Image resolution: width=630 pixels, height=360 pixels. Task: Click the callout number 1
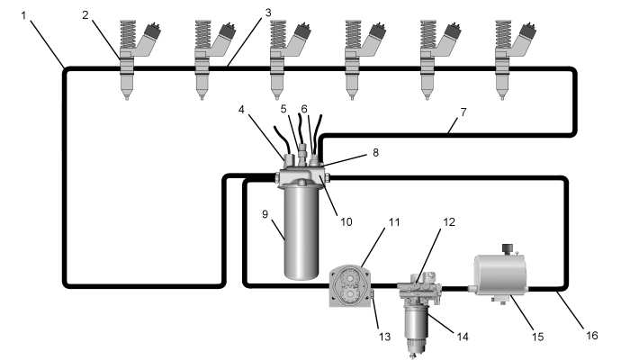[23, 15]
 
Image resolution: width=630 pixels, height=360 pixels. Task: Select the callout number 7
[463, 112]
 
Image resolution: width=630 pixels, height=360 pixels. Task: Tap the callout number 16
[591, 335]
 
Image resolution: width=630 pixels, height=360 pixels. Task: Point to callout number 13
[385, 337]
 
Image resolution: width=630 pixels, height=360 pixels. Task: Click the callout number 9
[265, 214]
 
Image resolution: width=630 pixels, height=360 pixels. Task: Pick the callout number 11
[394, 222]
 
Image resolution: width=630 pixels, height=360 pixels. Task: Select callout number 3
[268, 13]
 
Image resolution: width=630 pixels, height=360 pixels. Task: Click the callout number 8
[375, 152]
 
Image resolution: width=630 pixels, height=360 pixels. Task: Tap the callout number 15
[537, 337]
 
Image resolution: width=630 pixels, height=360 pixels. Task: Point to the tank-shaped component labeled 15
[500, 274]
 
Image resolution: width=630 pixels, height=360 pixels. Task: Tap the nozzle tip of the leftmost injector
[127, 97]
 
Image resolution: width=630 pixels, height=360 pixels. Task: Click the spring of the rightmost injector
[503, 34]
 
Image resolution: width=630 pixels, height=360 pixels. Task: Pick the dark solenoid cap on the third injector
[302, 31]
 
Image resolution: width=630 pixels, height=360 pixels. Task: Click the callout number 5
[284, 109]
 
